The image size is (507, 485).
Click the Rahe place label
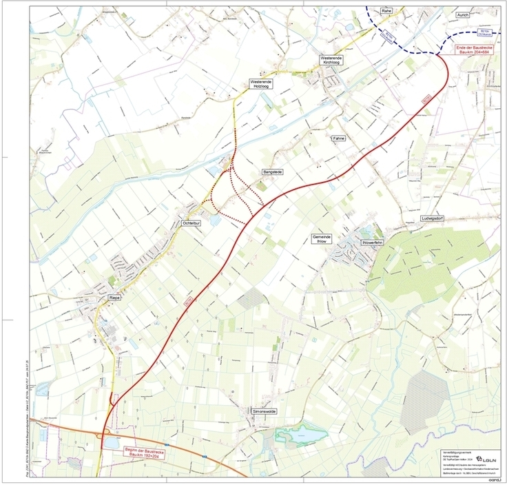coord(386,11)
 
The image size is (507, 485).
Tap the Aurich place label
coord(462,14)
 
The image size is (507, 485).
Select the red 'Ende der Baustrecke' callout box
coord(477,49)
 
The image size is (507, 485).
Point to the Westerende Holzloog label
coord(261,84)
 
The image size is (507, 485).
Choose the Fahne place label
coord(338,138)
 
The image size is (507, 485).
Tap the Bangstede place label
coord(273,170)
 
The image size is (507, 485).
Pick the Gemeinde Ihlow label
coord(322,239)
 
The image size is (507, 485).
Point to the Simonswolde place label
coord(264,411)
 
